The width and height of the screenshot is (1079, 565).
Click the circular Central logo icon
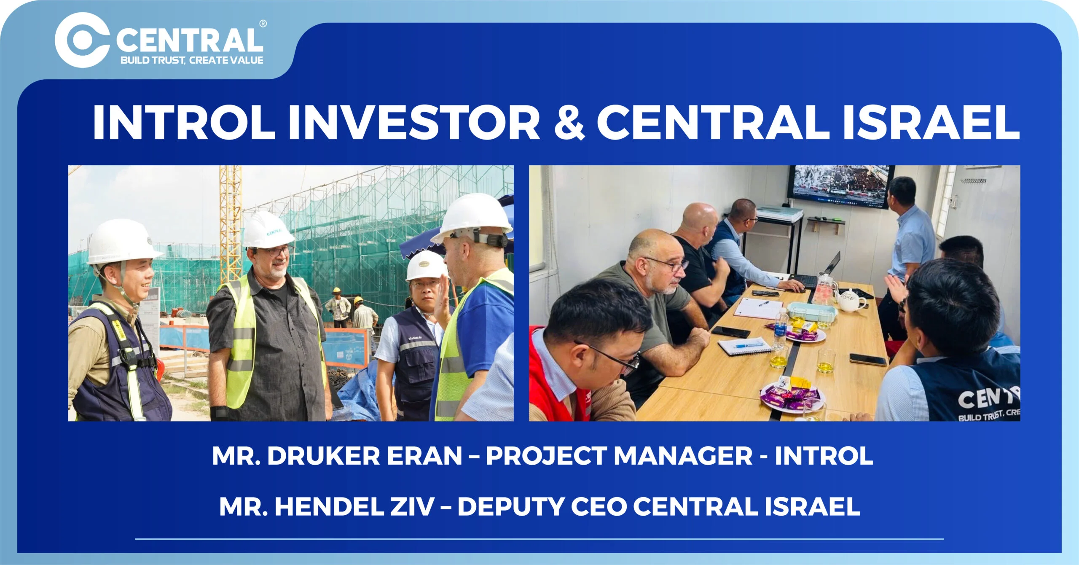pos(82,40)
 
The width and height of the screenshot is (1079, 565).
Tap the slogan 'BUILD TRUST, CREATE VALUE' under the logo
pos(192,60)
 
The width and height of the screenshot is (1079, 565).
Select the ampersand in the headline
pos(569,122)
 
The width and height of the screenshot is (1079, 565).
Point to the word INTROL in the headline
pos(184,122)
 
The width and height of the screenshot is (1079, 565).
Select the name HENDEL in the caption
pos(329,506)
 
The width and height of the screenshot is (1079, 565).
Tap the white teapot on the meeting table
pos(851,300)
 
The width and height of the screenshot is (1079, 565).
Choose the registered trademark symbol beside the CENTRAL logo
pos(263,24)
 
